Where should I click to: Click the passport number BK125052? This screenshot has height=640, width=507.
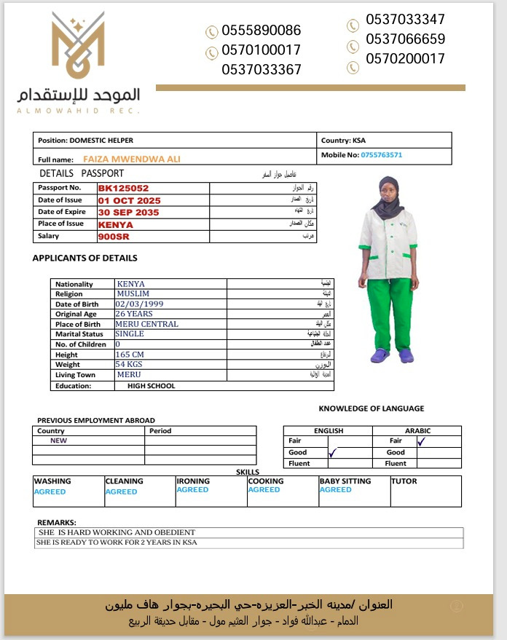(123, 188)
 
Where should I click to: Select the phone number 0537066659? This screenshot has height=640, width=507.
(406, 39)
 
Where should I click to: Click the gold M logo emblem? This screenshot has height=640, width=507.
(79, 48)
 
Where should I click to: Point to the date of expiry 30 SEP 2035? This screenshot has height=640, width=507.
(128, 212)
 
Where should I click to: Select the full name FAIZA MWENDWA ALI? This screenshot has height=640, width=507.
(132, 159)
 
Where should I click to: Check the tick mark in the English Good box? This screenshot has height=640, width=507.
(333, 453)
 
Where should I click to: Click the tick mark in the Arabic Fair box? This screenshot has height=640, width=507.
(421, 441)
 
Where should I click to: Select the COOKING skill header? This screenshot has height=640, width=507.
(267, 481)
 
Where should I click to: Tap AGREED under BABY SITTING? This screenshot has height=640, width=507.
(336, 490)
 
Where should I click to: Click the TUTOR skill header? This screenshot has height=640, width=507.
(404, 481)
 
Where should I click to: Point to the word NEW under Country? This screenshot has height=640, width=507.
(58, 441)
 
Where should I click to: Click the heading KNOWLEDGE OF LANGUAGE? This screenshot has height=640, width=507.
(371, 408)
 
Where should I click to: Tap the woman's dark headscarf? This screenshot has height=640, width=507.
(387, 198)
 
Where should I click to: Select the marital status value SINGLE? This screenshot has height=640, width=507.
(130, 334)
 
